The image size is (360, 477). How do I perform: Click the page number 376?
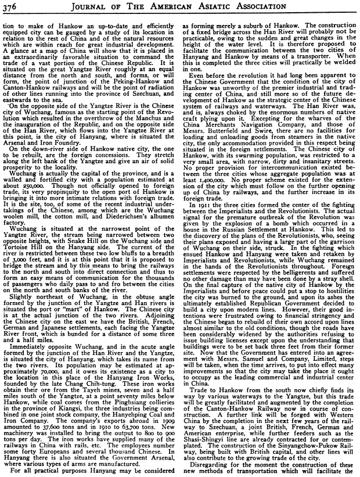point(11,7)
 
